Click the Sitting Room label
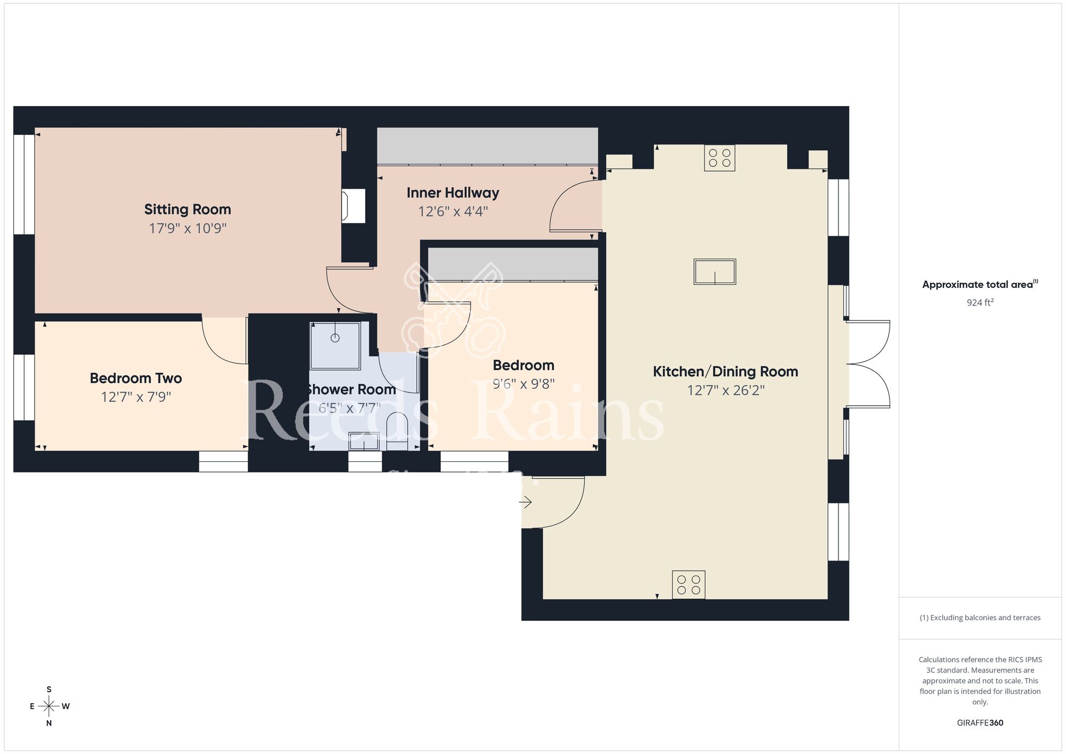(187, 210)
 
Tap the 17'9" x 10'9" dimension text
(187, 229)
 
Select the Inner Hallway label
(453, 193)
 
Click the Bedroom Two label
(135, 379)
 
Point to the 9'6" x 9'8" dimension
(523, 384)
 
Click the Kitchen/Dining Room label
(725, 372)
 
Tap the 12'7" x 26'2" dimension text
(725, 390)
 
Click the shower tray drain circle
(335, 338)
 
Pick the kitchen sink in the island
(714, 272)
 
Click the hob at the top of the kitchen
(719, 157)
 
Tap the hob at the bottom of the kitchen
(688, 584)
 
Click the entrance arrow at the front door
(526, 502)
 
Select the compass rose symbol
(49, 707)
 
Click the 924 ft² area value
(980, 302)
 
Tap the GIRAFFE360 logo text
(980, 723)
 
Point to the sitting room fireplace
(354, 206)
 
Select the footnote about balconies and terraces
(980, 617)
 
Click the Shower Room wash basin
(364, 442)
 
